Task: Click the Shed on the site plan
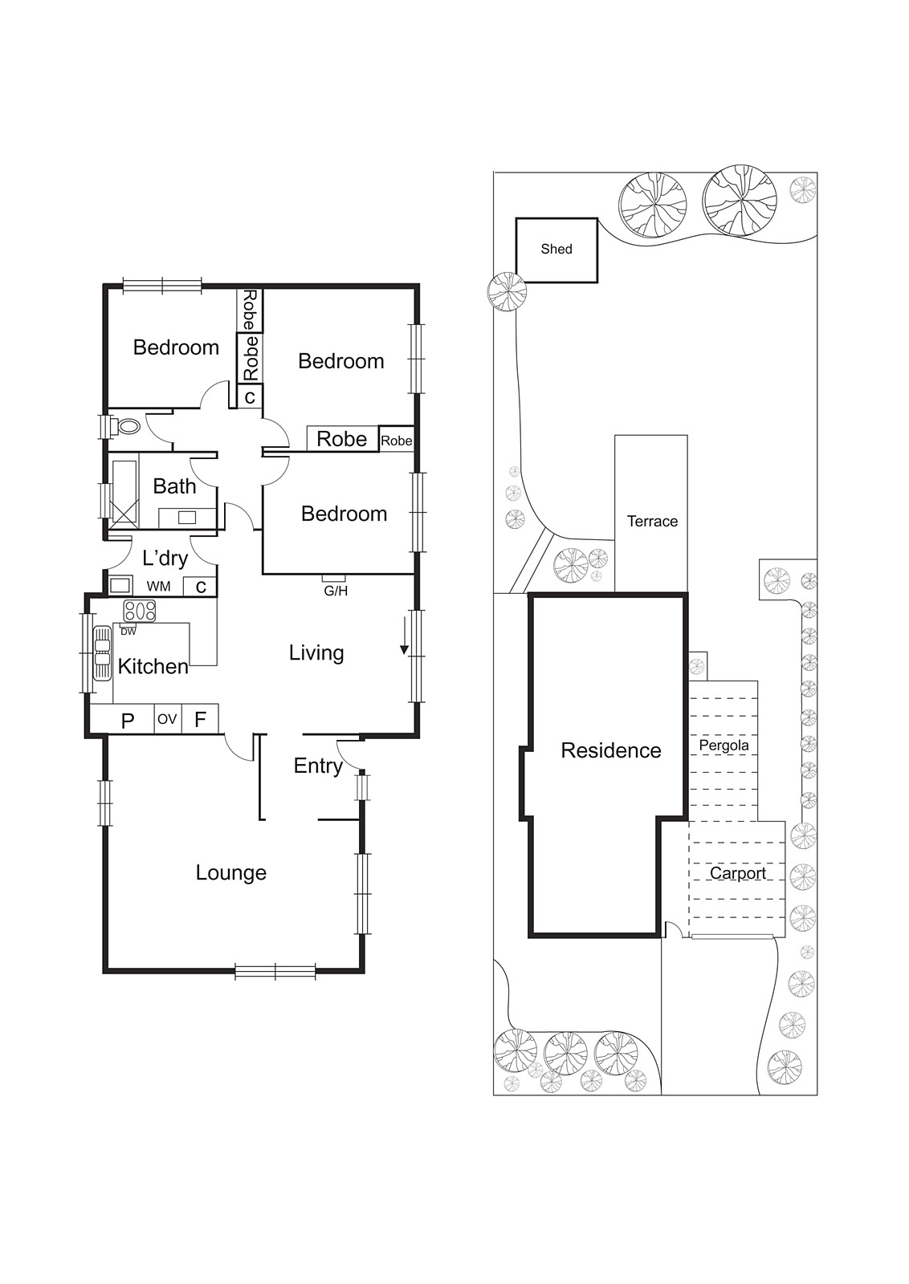click(x=556, y=250)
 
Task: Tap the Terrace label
click(x=652, y=522)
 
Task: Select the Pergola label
click(x=724, y=746)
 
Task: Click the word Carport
click(x=737, y=873)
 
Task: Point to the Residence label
click(x=610, y=750)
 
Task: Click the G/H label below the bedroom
click(x=335, y=591)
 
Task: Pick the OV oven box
click(x=166, y=719)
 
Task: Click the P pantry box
click(x=127, y=721)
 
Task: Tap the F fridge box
click(x=200, y=719)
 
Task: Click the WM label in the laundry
click(x=158, y=587)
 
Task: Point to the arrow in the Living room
click(x=405, y=639)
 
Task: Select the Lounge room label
click(x=230, y=872)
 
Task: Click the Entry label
click(x=318, y=766)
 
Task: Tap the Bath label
click(x=174, y=486)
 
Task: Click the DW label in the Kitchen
click(x=128, y=632)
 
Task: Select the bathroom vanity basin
click(x=187, y=518)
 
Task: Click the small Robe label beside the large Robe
click(x=396, y=441)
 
